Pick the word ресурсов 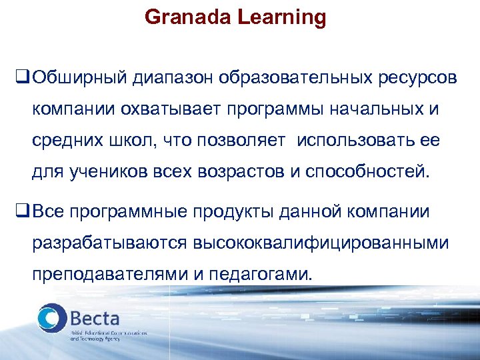417,79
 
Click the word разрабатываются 109,244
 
